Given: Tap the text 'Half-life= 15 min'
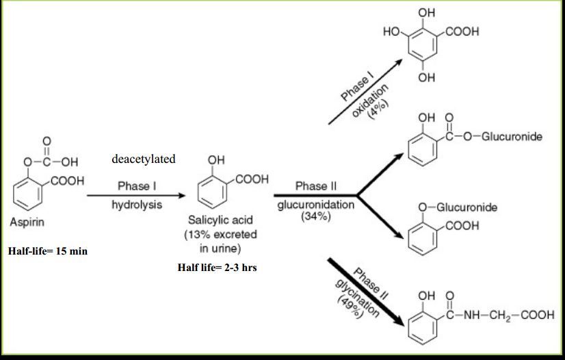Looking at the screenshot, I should pos(48,251).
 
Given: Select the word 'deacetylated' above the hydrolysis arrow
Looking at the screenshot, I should pos(143,159).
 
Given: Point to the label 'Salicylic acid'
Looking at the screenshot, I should pos(220,220).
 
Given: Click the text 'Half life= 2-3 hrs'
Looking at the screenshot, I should pos(218,268).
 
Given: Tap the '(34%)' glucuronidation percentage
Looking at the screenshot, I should pos(315,217).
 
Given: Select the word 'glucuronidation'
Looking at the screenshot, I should pos(316,205).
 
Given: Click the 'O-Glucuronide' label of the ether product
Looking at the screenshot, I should pos(458,207).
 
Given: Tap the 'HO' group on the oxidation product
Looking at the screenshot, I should pos(391,31).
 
